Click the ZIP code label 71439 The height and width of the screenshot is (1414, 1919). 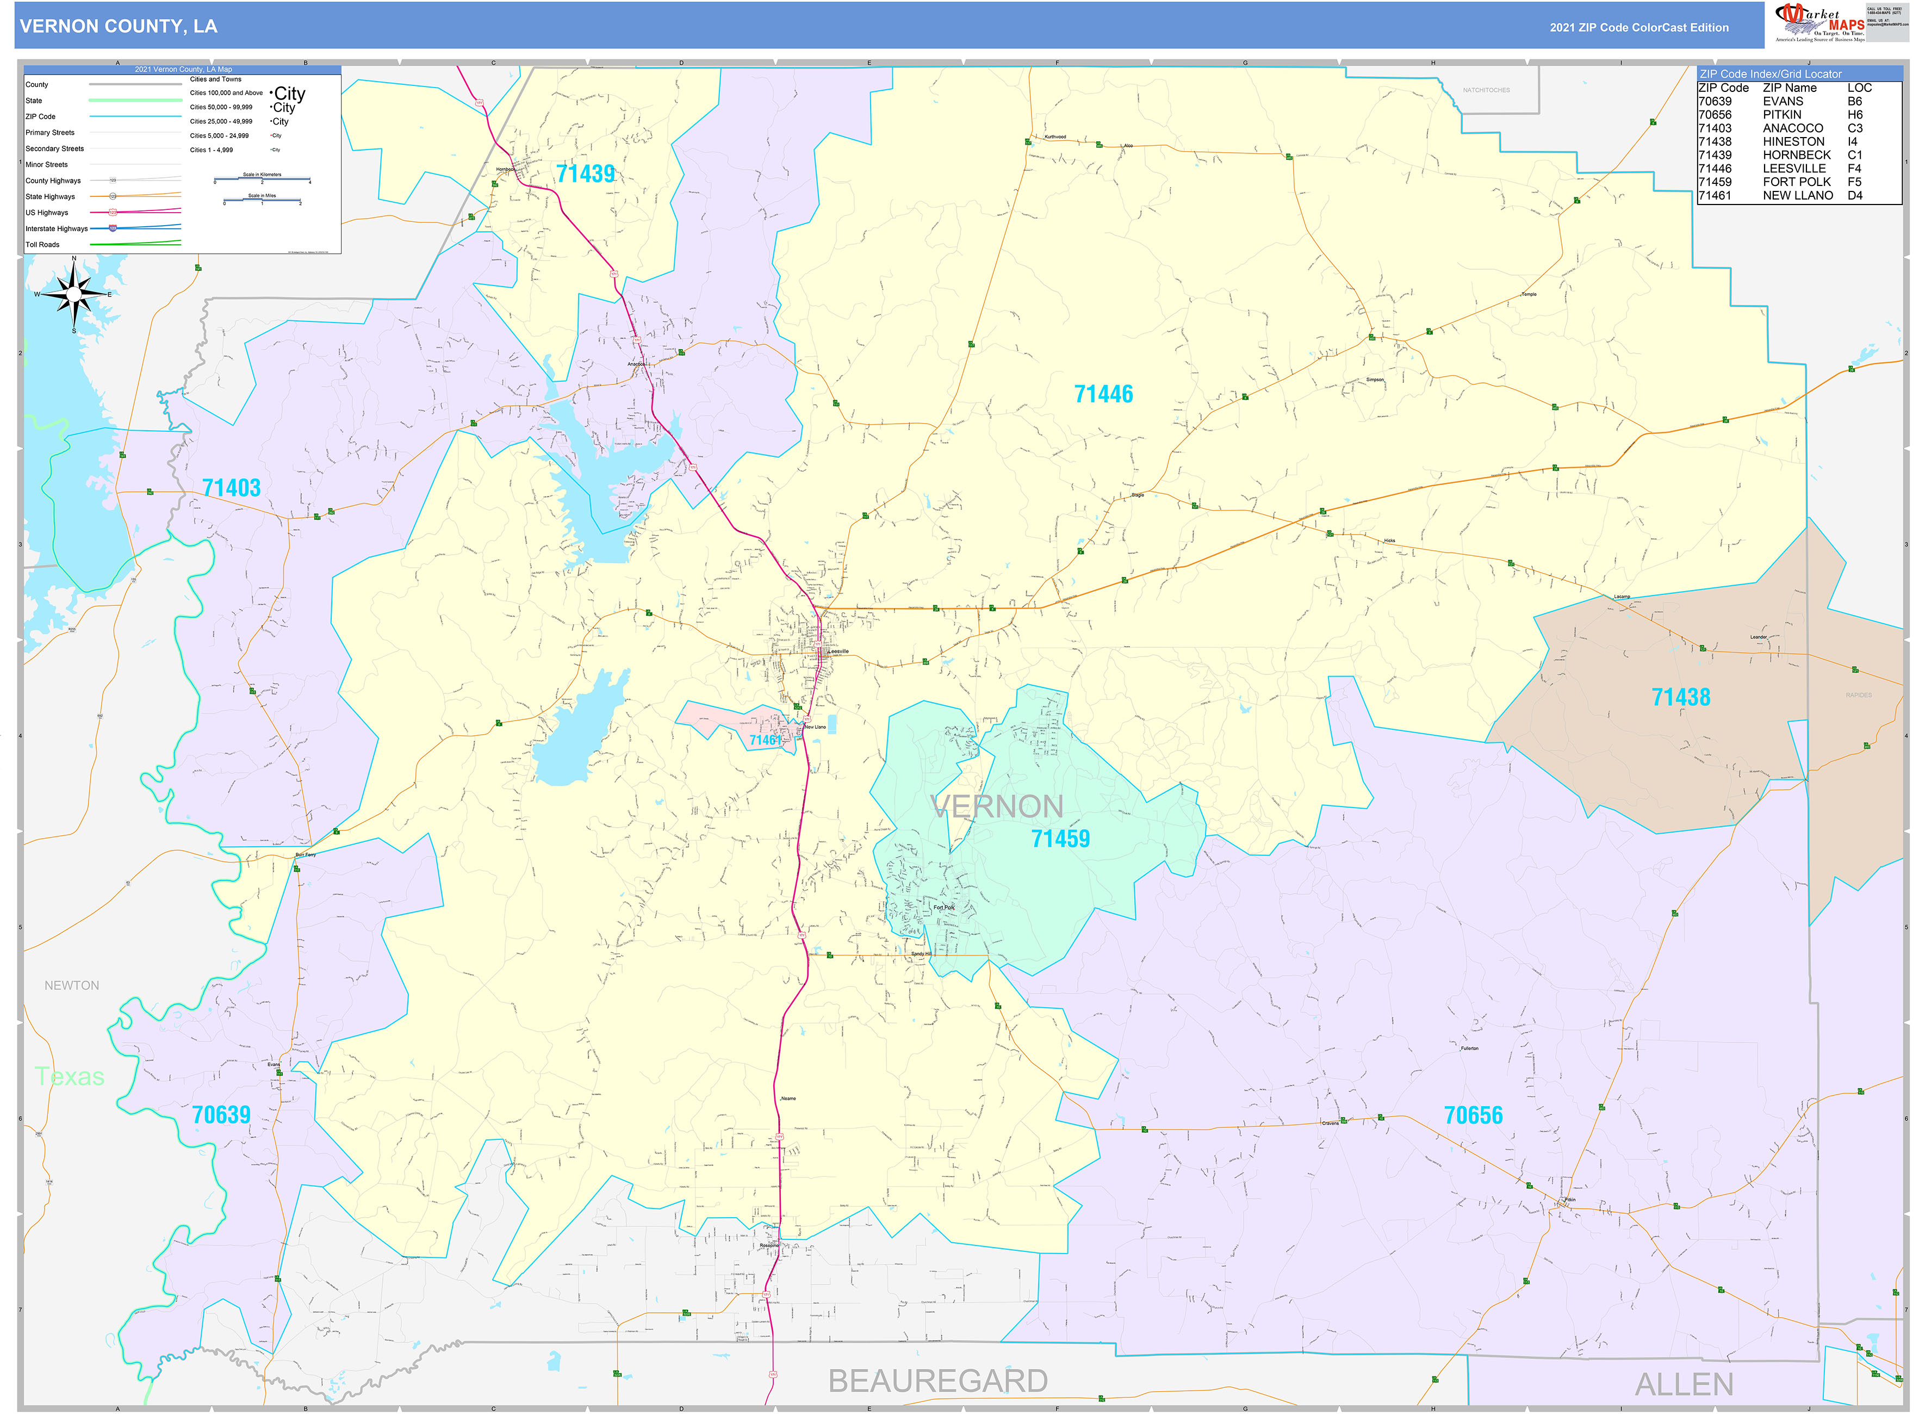[x=586, y=173]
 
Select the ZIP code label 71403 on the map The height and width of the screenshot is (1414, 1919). [x=231, y=488]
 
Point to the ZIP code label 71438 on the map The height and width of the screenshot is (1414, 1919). [x=1680, y=698]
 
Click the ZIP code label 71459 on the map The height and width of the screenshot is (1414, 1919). [x=1060, y=839]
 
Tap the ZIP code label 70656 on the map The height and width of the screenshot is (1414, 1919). [x=1473, y=1115]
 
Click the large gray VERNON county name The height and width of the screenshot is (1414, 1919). [x=996, y=807]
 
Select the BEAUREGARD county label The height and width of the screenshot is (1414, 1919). [x=937, y=1381]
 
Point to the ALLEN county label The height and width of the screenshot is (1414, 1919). [x=1684, y=1384]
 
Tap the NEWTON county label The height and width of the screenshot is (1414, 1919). [x=72, y=985]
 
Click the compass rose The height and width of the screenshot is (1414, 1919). [x=73, y=294]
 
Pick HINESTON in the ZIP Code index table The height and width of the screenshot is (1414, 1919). [x=1793, y=141]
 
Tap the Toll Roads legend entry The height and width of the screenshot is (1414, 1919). [x=43, y=245]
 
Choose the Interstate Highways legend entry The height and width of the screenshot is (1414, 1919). [x=57, y=228]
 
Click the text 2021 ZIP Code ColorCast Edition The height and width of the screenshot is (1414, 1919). [x=1638, y=27]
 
